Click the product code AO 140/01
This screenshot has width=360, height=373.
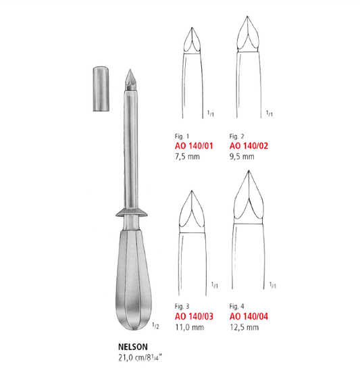(194, 146)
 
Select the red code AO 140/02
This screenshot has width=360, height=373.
(249, 146)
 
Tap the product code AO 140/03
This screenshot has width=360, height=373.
(194, 316)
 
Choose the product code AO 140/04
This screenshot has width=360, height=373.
(249, 316)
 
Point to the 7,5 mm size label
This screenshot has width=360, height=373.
(187, 157)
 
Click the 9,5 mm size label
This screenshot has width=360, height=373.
(242, 157)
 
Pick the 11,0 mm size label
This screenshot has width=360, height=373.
(190, 327)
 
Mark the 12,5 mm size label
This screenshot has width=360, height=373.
(245, 327)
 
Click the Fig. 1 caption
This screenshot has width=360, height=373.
(182, 136)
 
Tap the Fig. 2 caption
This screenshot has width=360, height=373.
(236, 136)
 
